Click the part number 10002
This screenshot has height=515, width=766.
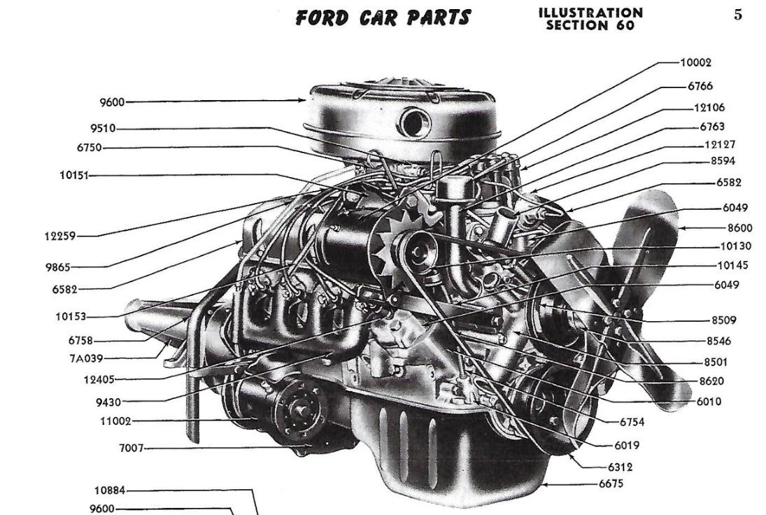click(695, 62)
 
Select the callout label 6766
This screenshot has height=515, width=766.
click(700, 86)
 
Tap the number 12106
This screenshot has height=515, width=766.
click(709, 108)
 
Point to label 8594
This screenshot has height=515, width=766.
click(723, 161)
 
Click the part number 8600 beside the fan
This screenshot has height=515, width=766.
click(739, 227)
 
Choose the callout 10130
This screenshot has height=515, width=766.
click(736, 246)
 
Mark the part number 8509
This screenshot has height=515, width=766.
click(723, 320)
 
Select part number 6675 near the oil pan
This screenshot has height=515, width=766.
click(611, 484)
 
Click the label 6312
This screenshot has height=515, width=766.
click(620, 467)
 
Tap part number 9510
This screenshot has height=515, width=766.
click(103, 129)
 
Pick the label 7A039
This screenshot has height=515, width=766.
click(87, 359)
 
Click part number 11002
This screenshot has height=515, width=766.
click(116, 421)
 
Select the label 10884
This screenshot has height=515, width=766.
click(109, 490)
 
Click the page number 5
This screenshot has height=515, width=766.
click(737, 15)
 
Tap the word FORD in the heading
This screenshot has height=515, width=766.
click(322, 18)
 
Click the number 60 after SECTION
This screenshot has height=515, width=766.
click(625, 25)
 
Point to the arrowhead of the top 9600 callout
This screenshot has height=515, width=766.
click(304, 101)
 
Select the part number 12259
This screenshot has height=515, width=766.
click(60, 236)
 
